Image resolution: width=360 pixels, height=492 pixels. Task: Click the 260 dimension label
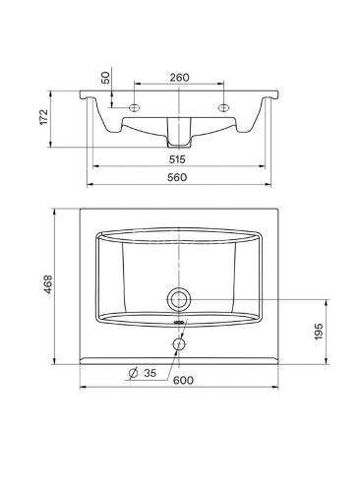pos(179,78)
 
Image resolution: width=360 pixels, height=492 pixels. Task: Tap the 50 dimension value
pos(106,78)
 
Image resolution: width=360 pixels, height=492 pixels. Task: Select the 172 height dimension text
pos(43,117)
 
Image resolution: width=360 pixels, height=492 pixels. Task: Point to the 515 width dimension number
pos(177,159)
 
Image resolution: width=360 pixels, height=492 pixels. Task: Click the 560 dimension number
pos(177,177)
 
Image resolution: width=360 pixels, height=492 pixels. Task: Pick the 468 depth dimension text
pos(48,284)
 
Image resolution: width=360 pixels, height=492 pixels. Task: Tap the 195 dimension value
pos(319,332)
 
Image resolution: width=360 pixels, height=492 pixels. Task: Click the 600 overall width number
pos(183,380)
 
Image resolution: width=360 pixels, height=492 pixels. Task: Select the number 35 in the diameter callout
pos(150,373)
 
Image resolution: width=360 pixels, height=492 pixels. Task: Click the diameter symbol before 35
pos(133,373)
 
